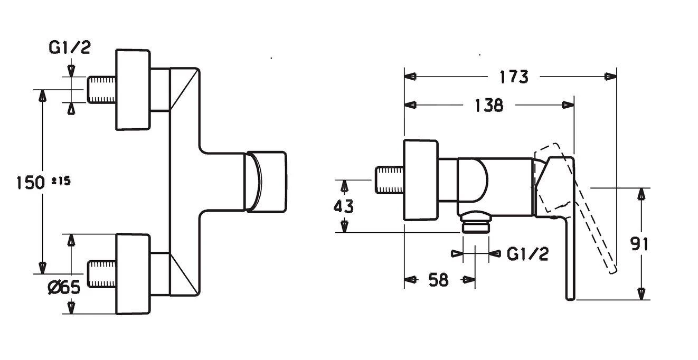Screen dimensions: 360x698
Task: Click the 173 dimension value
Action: pyautogui.click(x=513, y=77)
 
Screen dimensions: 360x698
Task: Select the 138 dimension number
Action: pyautogui.click(x=488, y=105)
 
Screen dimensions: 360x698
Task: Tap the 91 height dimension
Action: pyautogui.click(x=640, y=243)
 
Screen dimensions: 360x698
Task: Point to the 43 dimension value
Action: pyautogui.click(x=344, y=206)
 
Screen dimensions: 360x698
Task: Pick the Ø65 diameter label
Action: pyautogui.click(x=63, y=288)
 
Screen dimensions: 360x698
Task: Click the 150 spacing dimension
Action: pyautogui.click(x=30, y=183)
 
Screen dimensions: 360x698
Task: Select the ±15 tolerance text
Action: pyautogui.click(x=61, y=181)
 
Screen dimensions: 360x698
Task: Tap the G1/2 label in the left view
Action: pyautogui.click(x=70, y=48)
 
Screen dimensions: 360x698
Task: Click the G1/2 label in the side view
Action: pyautogui.click(x=527, y=254)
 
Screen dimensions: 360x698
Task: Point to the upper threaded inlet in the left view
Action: pyautogui.click(x=101, y=90)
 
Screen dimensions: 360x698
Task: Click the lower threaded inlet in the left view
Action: pyautogui.click(x=101, y=274)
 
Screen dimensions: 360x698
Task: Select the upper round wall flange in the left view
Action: pyautogui.click(x=133, y=90)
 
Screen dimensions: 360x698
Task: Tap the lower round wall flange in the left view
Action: pyautogui.click(x=133, y=274)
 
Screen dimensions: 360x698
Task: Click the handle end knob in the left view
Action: pyautogui.click(x=267, y=182)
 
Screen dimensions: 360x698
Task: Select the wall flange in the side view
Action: pyautogui.click(x=421, y=180)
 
